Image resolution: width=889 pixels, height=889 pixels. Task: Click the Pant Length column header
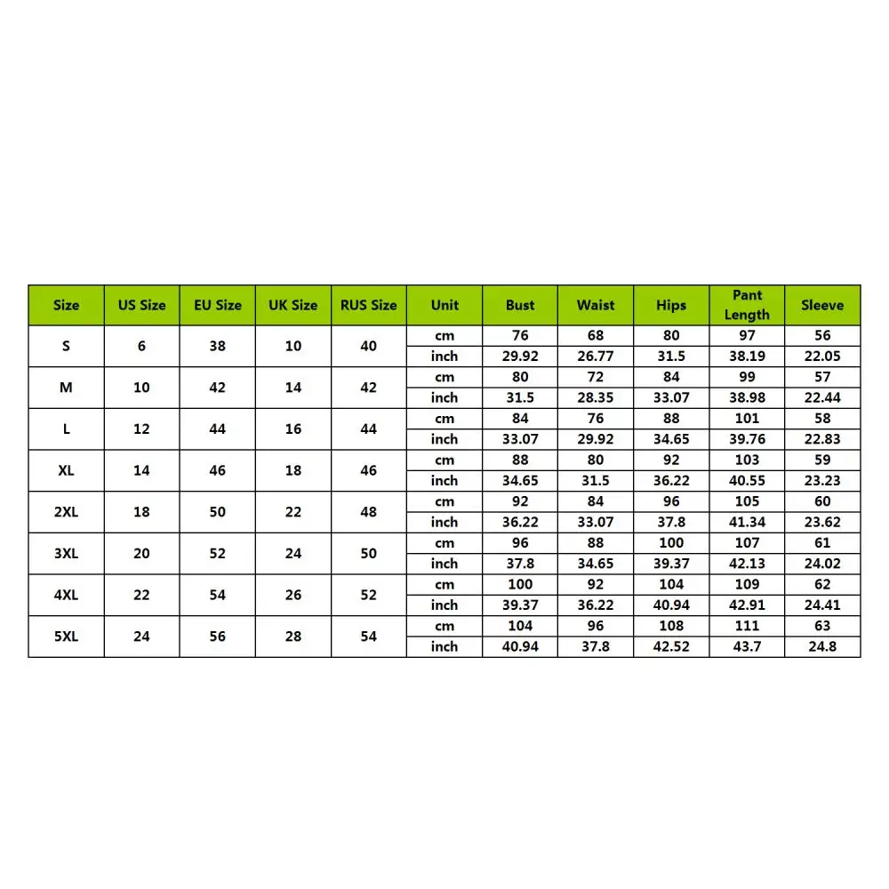747,305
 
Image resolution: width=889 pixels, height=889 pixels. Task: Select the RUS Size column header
369,305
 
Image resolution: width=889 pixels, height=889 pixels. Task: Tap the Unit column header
444,305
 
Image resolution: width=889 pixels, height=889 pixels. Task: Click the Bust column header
520,305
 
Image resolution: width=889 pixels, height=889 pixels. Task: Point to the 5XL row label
66,637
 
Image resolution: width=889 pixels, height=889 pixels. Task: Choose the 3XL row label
66,553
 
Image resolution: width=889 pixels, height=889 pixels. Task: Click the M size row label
66,388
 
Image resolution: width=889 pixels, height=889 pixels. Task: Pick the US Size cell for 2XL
141,512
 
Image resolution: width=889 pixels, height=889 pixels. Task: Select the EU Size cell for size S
218,346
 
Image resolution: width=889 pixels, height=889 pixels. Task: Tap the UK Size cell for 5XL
293,637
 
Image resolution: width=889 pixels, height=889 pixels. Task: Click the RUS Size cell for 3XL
369,553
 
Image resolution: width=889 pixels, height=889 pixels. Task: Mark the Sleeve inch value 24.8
822,646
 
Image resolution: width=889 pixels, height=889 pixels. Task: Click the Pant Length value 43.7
747,646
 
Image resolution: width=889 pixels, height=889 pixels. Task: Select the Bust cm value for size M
520,377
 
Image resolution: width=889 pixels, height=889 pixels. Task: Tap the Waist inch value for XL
596,480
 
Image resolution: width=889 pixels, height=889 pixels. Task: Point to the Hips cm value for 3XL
671,542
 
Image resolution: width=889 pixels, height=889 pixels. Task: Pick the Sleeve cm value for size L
822,418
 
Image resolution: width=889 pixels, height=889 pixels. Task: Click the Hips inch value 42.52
671,646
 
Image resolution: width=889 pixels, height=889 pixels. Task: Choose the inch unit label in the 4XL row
444,605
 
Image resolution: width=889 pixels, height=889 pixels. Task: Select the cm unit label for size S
444,335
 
